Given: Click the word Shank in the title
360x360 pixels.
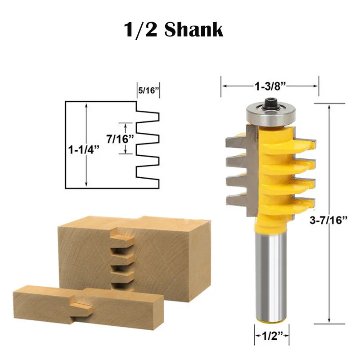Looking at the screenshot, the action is coord(194,30).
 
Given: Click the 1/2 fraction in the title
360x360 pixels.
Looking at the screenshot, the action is coord(140,30).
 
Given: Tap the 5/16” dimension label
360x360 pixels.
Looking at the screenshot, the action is coord(148,90).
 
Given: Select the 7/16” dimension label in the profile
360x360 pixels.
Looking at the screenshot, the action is coord(120,139).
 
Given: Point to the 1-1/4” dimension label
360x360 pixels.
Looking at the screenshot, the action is coord(84,150).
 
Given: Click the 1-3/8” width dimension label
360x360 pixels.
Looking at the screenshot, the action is coord(270,86).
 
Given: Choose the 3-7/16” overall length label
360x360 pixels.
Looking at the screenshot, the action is coord(328,220).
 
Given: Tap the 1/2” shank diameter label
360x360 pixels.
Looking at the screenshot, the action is coord(272,337).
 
